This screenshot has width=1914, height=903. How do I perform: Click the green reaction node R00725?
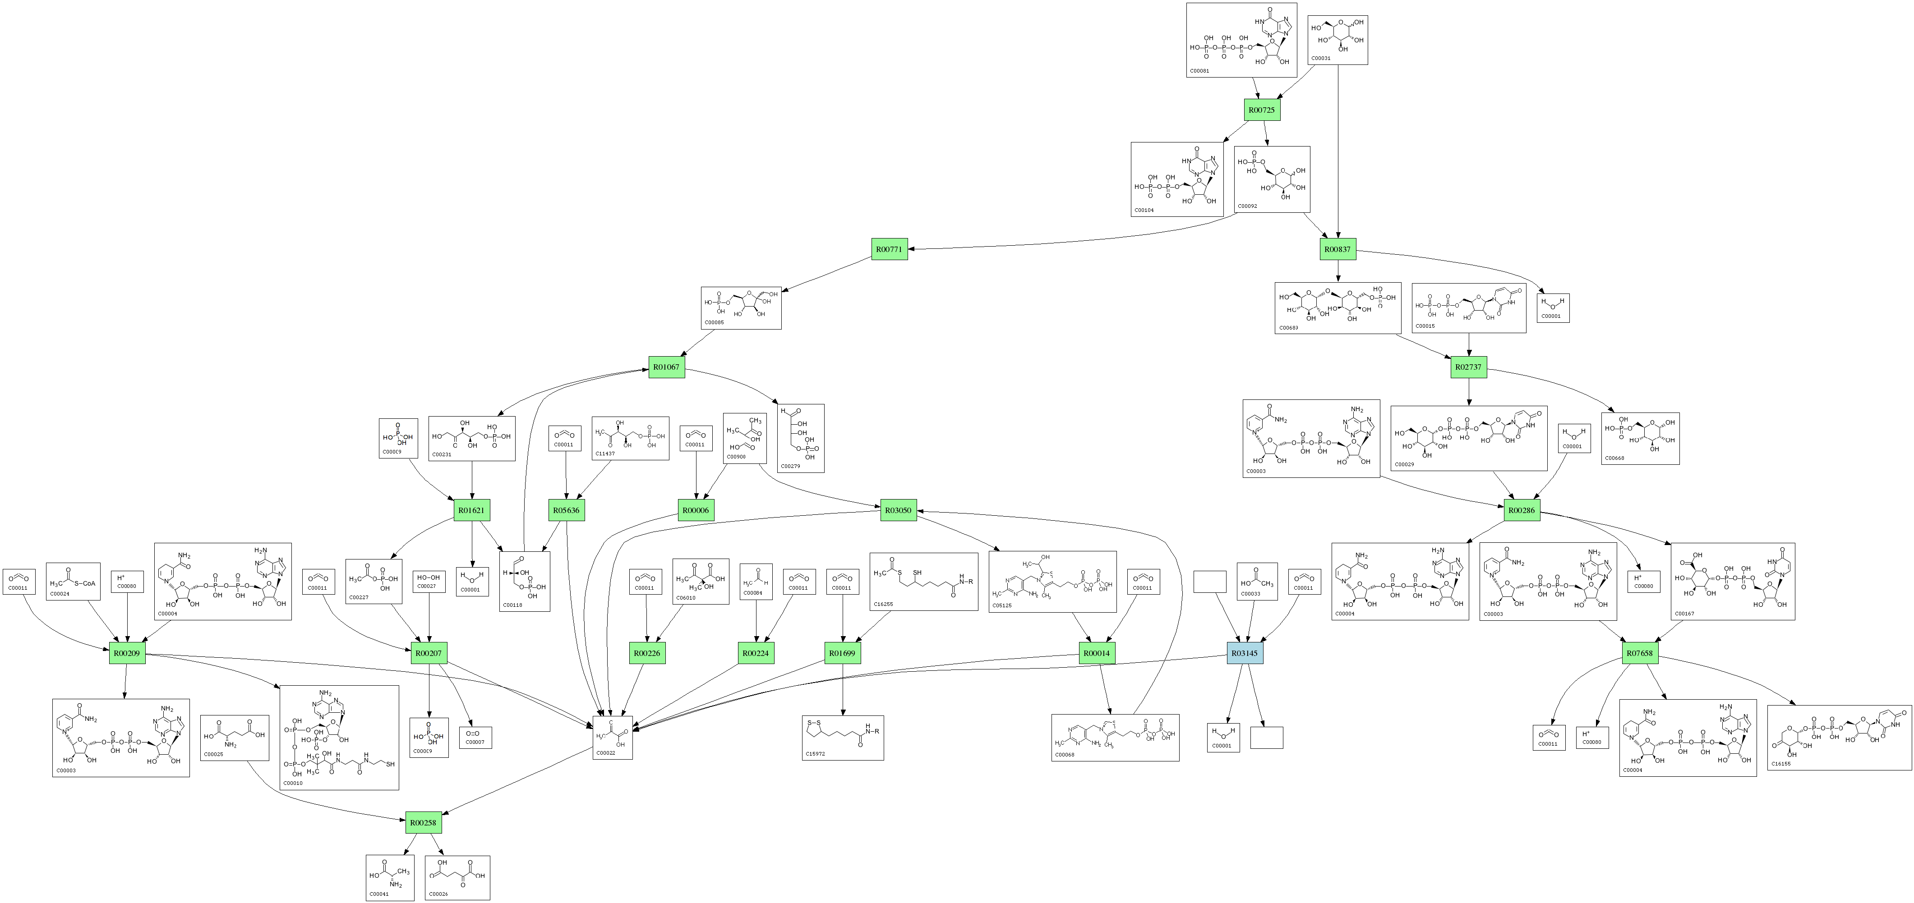[x=1262, y=110]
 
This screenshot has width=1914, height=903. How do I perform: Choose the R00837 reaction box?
[x=1337, y=249]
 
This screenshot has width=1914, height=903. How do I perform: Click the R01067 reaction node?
[x=666, y=367]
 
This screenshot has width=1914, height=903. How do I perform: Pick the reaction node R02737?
[x=1468, y=367]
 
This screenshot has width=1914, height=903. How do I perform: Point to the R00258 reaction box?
[x=423, y=823]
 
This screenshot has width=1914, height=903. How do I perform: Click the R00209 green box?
[x=127, y=654]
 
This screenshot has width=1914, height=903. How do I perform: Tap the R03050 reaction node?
[x=898, y=510]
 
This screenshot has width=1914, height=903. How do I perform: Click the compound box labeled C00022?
[x=613, y=738]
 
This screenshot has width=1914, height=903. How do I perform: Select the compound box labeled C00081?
[x=1241, y=40]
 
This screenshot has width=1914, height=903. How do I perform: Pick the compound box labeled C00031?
[x=1337, y=40]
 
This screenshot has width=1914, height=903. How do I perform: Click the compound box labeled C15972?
[x=843, y=738]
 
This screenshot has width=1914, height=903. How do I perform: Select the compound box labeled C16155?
[x=1839, y=738]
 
